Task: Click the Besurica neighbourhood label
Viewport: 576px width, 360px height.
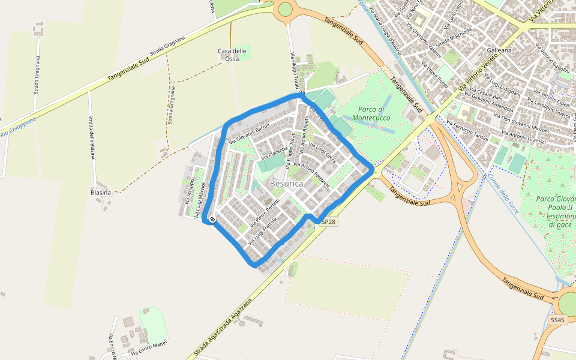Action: (x=286, y=184)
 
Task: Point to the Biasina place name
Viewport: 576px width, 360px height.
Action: (x=101, y=193)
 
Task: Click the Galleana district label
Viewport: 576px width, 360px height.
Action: (x=499, y=50)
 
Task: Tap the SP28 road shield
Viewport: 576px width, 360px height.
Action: (x=328, y=221)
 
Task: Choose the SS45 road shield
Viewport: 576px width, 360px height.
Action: (x=557, y=320)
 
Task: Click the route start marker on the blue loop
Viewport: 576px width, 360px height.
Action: (x=212, y=220)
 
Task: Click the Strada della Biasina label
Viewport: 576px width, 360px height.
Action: (x=92, y=137)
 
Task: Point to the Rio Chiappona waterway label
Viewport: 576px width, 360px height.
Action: (x=18, y=127)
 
